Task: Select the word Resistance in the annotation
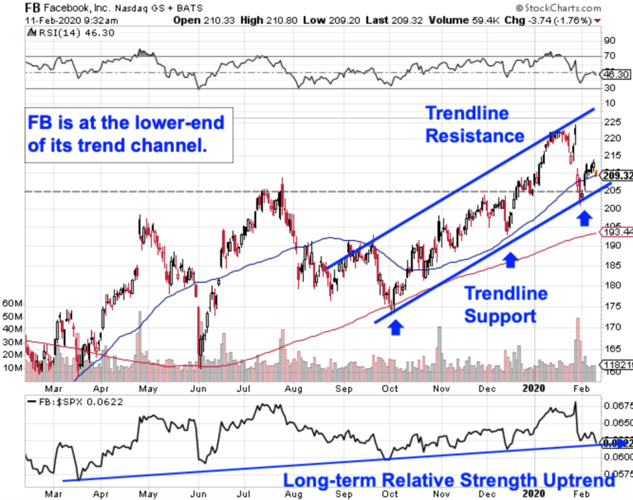pos(474,136)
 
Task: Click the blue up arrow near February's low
pos(583,218)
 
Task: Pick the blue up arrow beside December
pos(510,259)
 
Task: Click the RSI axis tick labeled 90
pos(610,40)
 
